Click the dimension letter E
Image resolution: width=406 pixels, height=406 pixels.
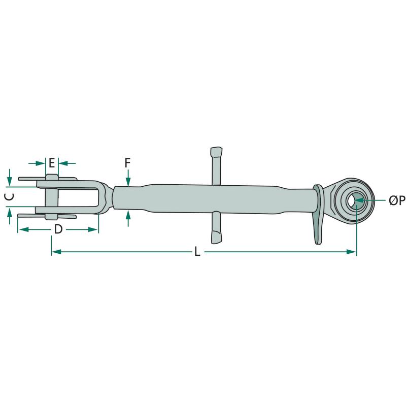[x=52, y=163]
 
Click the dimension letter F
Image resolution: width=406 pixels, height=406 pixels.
[x=128, y=163]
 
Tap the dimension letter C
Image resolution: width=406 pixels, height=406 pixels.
[x=10, y=197]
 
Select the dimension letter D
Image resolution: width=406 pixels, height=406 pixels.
[x=58, y=229]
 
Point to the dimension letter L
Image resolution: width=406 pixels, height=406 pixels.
[x=197, y=251]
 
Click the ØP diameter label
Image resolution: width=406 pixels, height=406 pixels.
[x=397, y=200]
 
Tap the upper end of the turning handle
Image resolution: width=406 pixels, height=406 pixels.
[x=216, y=151]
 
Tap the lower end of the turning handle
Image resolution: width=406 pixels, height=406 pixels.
[x=217, y=238]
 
